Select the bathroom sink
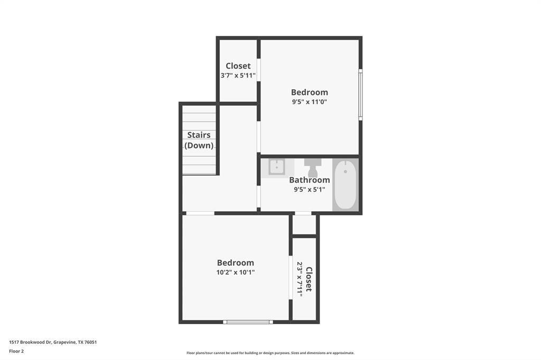tap(277, 167)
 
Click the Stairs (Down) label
tap(199, 140)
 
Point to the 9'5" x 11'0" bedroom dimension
tap(310, 102)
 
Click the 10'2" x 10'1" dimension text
tap(236, 272)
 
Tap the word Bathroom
tap(310, 180)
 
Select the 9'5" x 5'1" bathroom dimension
tap(310, 190)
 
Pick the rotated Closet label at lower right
tap(309, 279)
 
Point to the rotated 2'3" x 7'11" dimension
tap(300, 279)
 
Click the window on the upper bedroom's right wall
tap(361, 95)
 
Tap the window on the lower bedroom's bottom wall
tap(248, 321)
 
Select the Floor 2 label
tap(16, 351)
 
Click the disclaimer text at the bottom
tap(270, 353)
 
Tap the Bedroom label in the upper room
tap(310, 92)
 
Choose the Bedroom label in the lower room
tap(236, 263)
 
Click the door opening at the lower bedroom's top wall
tap(200, 213)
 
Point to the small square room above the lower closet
tap(304, 225)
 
